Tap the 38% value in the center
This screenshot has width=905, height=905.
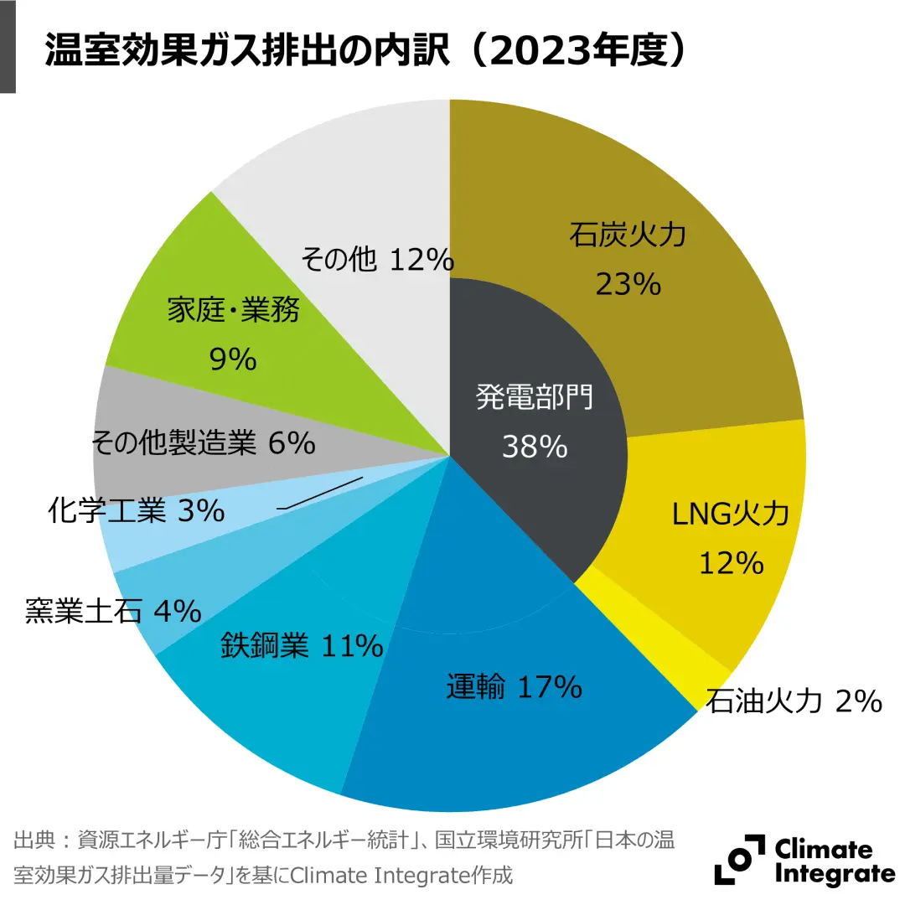point(535,446)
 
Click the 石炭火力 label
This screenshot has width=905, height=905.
point(628,235)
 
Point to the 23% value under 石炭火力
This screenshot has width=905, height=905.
point(628,285)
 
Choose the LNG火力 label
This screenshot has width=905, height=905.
point(731,513)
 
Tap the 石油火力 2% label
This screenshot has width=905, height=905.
point(793,701)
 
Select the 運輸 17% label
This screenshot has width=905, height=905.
point(514,688)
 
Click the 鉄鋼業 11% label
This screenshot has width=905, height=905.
point(302,645)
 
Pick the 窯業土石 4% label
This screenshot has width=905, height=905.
point(113,611)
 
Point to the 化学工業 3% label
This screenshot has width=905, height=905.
point(136,509)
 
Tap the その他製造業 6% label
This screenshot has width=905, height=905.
point(202,442)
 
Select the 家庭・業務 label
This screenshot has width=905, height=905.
point(233,311)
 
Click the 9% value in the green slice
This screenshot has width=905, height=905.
point(232,359)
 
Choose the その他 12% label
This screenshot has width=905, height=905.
point(376,261)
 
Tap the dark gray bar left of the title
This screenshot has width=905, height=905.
point(8,46)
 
